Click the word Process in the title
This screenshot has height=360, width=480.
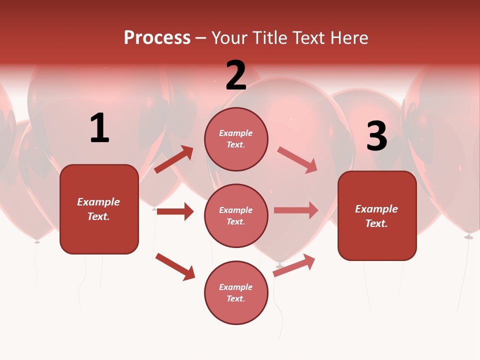[157, 37]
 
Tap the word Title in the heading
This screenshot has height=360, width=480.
[267, 37]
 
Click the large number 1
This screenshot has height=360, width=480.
[99, 128]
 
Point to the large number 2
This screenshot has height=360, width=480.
[236, 75]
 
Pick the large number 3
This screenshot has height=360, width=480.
[376, 136]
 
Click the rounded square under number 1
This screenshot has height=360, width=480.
[99, 209]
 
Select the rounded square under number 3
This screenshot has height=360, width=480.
[377, 215]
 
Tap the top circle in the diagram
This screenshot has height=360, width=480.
[236, 139]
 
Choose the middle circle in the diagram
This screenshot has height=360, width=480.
[236, 215]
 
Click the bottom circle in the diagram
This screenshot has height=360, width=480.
[236, 292]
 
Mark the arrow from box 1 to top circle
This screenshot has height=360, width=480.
[174, 159]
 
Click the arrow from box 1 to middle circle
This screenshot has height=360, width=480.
[175, 211]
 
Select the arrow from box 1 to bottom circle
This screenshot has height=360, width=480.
[175, 266]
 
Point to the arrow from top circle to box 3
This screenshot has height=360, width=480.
[297, 160]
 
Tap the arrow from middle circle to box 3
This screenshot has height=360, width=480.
[296, 210]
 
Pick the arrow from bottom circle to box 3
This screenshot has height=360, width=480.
[294, 265]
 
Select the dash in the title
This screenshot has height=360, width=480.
[201, 38]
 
